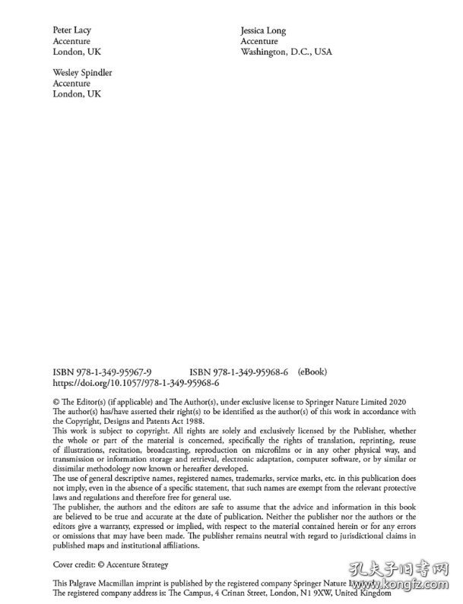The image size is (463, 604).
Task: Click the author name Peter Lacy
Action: pyautogui.click(x=71, y=30)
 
